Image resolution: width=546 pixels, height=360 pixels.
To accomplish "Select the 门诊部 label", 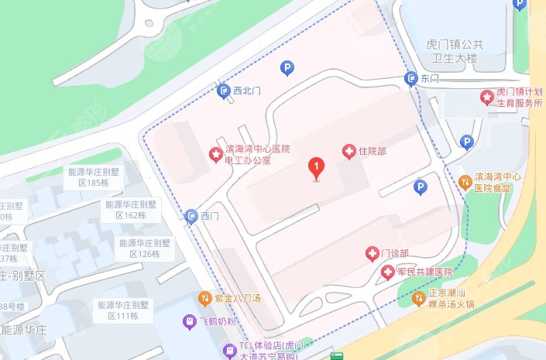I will coord(393,253).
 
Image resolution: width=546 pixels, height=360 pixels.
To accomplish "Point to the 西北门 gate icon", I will coord(223,91).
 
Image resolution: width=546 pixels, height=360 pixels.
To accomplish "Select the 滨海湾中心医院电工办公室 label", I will coord(256,155).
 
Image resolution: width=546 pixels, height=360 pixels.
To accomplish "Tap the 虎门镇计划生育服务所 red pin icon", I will coord(486,97).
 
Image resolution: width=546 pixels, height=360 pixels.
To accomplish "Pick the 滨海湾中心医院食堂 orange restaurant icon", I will coord(465,182).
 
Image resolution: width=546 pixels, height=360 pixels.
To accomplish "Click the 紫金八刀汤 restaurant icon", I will coord(205,297).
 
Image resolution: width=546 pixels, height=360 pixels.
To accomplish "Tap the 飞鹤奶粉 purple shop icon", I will coord(189,320).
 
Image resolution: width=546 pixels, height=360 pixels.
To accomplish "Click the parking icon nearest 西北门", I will coord(286,70).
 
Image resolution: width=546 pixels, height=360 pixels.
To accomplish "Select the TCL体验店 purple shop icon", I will coord(228,350).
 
